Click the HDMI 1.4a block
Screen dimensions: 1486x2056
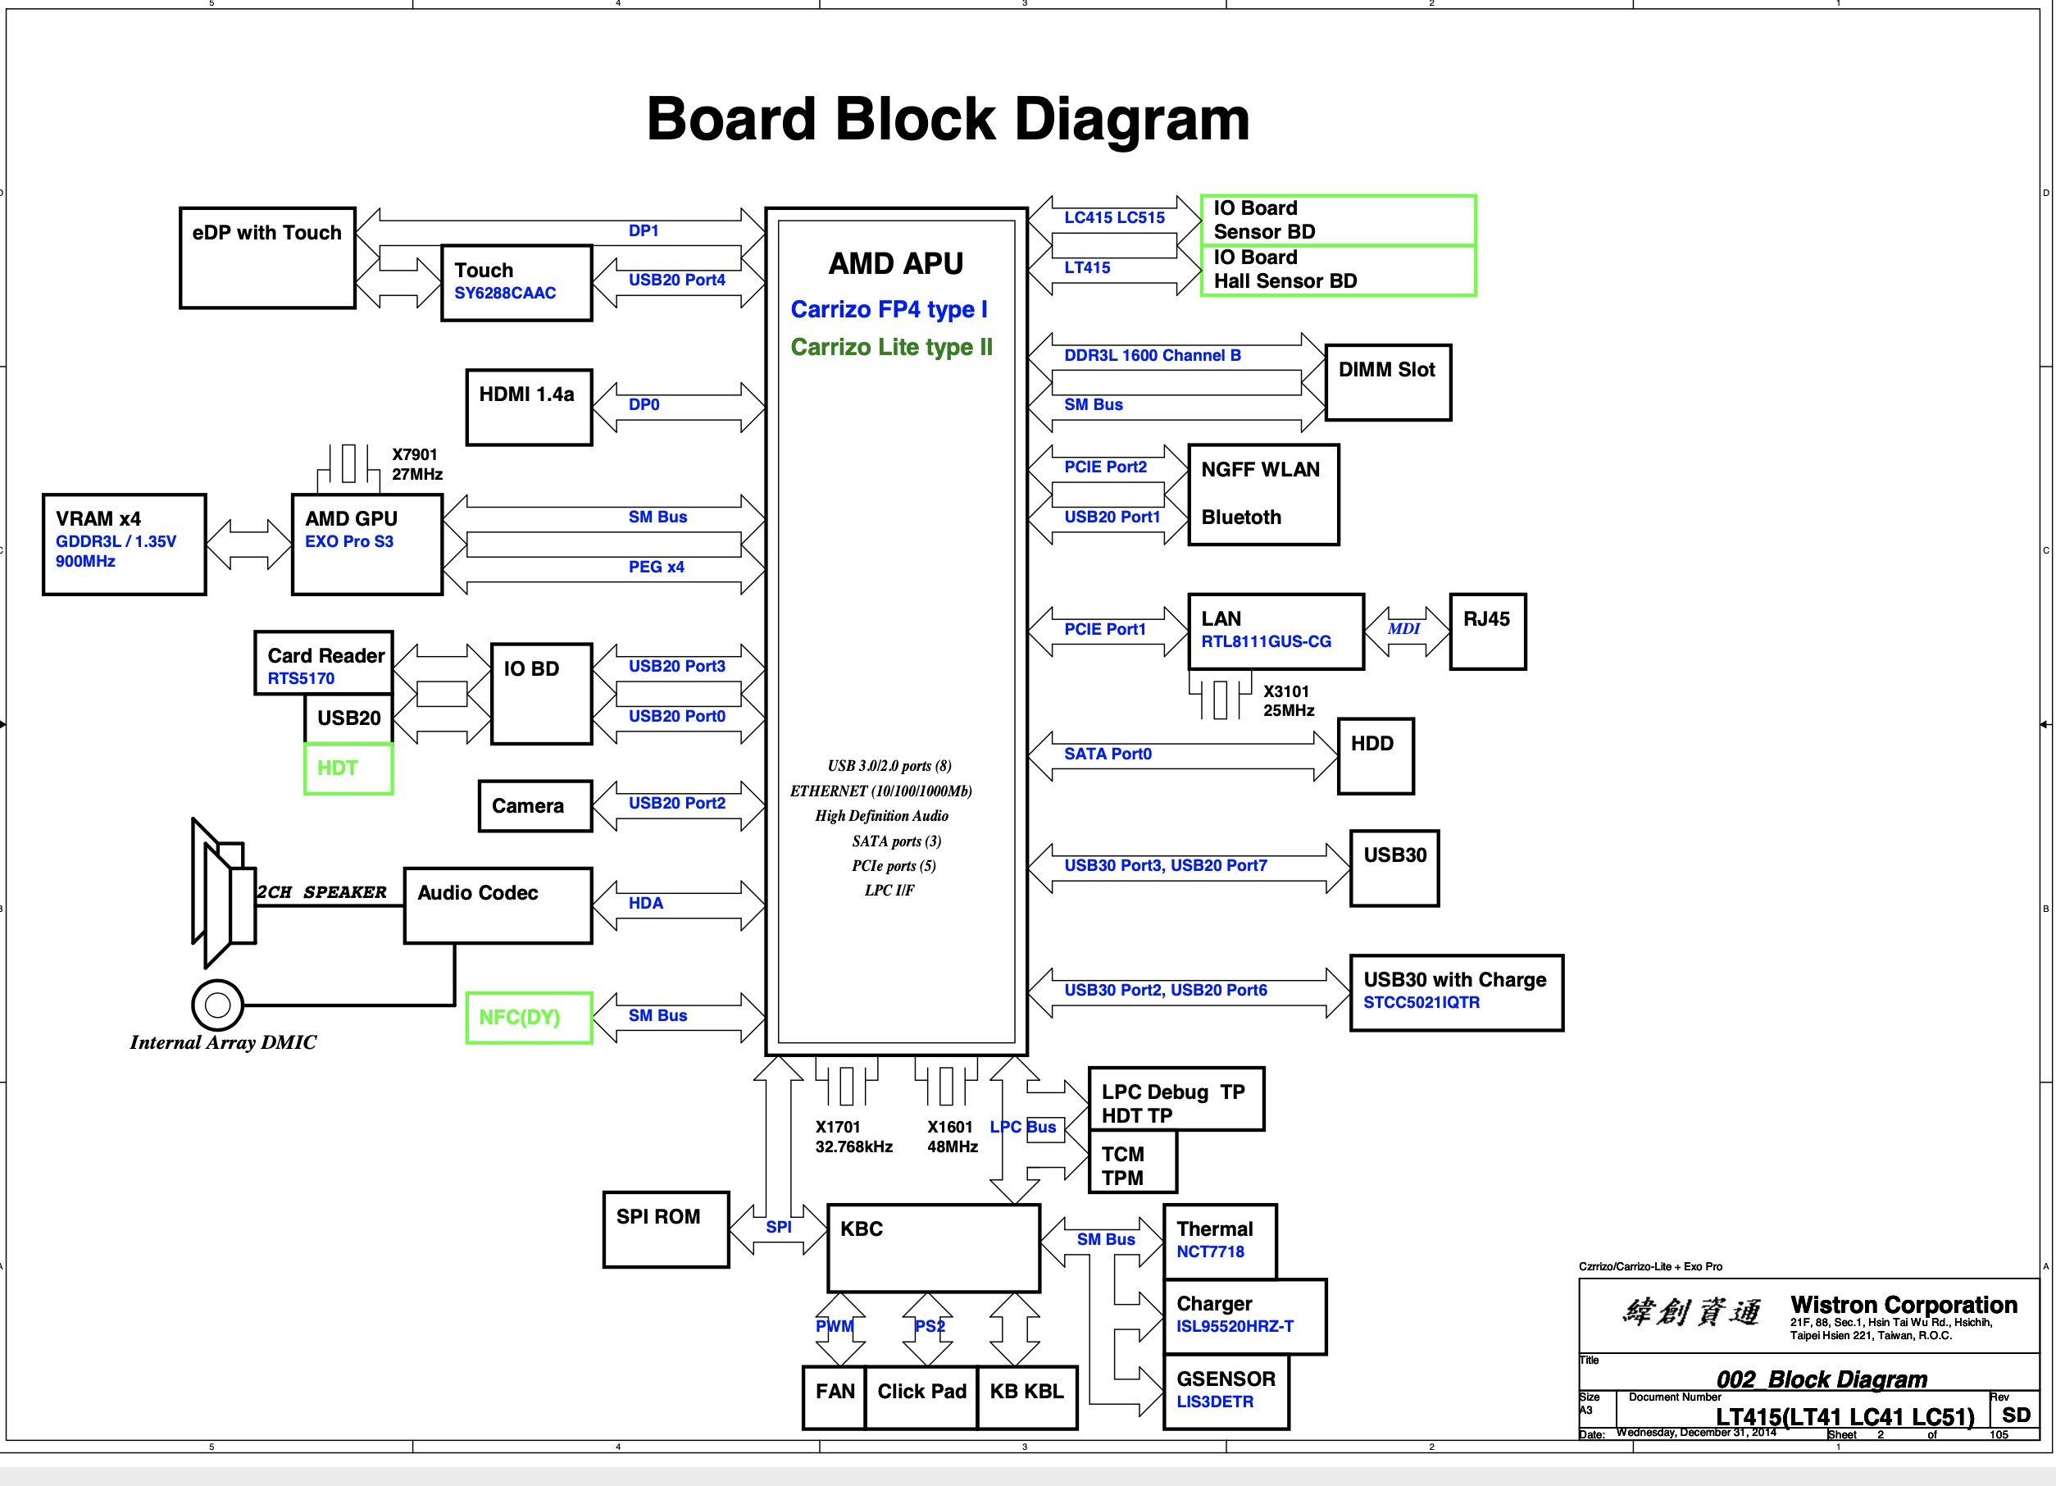click(x=529, y=407)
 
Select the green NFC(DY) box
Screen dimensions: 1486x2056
click(x=529, y=1017)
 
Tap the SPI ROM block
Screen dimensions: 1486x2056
click(x=666, y=1228)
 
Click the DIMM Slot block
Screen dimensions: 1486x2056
click(x=1387, y=381)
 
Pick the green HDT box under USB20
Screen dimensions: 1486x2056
click(x=348, y=768)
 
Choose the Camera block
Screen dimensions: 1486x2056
click(x=534, y=806)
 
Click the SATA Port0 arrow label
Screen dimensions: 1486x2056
click(x=1107, y=754)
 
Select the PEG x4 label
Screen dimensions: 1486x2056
click(x=657, y=567)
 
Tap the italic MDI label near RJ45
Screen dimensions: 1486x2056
click(x=1403, y=628)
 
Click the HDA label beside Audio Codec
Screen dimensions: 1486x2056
click(x=645, y=903)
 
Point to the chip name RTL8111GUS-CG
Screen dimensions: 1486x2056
click(x=1266, y=641)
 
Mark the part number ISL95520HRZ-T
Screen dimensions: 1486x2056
click(x=1235, y=1325)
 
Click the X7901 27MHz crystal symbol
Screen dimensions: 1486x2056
click(x=348, y=464)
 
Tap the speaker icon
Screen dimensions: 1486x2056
click(x=222, y=893)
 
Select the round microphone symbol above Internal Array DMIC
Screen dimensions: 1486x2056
click(x=217, y=1005)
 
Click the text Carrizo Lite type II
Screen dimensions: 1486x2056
click(x=891, y=347)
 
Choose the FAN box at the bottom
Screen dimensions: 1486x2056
click(x=834, y=1397)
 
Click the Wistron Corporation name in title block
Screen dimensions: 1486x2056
click(x=1904, y=1304)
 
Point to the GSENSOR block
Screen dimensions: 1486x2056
click(x=1226, y=1390)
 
